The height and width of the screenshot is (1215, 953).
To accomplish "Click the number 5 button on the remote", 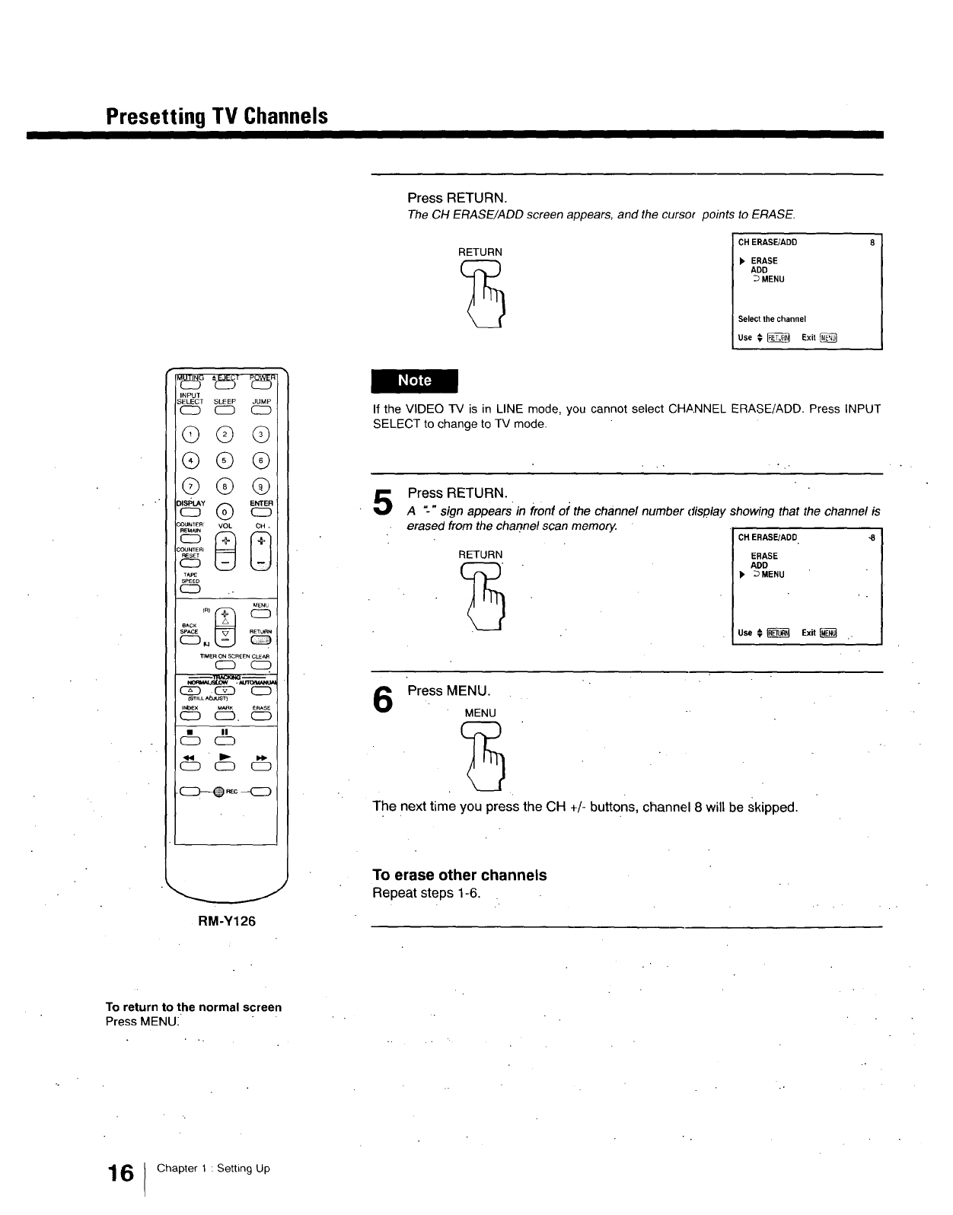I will [224, 461].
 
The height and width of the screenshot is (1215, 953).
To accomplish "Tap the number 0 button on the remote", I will [224, 511].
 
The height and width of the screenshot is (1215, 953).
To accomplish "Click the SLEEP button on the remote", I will [224, 412].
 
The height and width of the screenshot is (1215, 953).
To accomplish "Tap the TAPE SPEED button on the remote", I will [189, 587].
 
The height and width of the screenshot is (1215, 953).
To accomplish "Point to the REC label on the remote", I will [231, 791].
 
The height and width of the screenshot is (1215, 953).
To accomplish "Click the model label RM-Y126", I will [227, 921].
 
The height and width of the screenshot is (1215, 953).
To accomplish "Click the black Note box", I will [415, 381].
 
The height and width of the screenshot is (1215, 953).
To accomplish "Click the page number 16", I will [120, 1173].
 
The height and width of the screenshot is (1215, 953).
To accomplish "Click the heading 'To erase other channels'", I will [459, 875].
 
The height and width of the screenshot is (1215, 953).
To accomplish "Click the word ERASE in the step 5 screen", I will [764, 556].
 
